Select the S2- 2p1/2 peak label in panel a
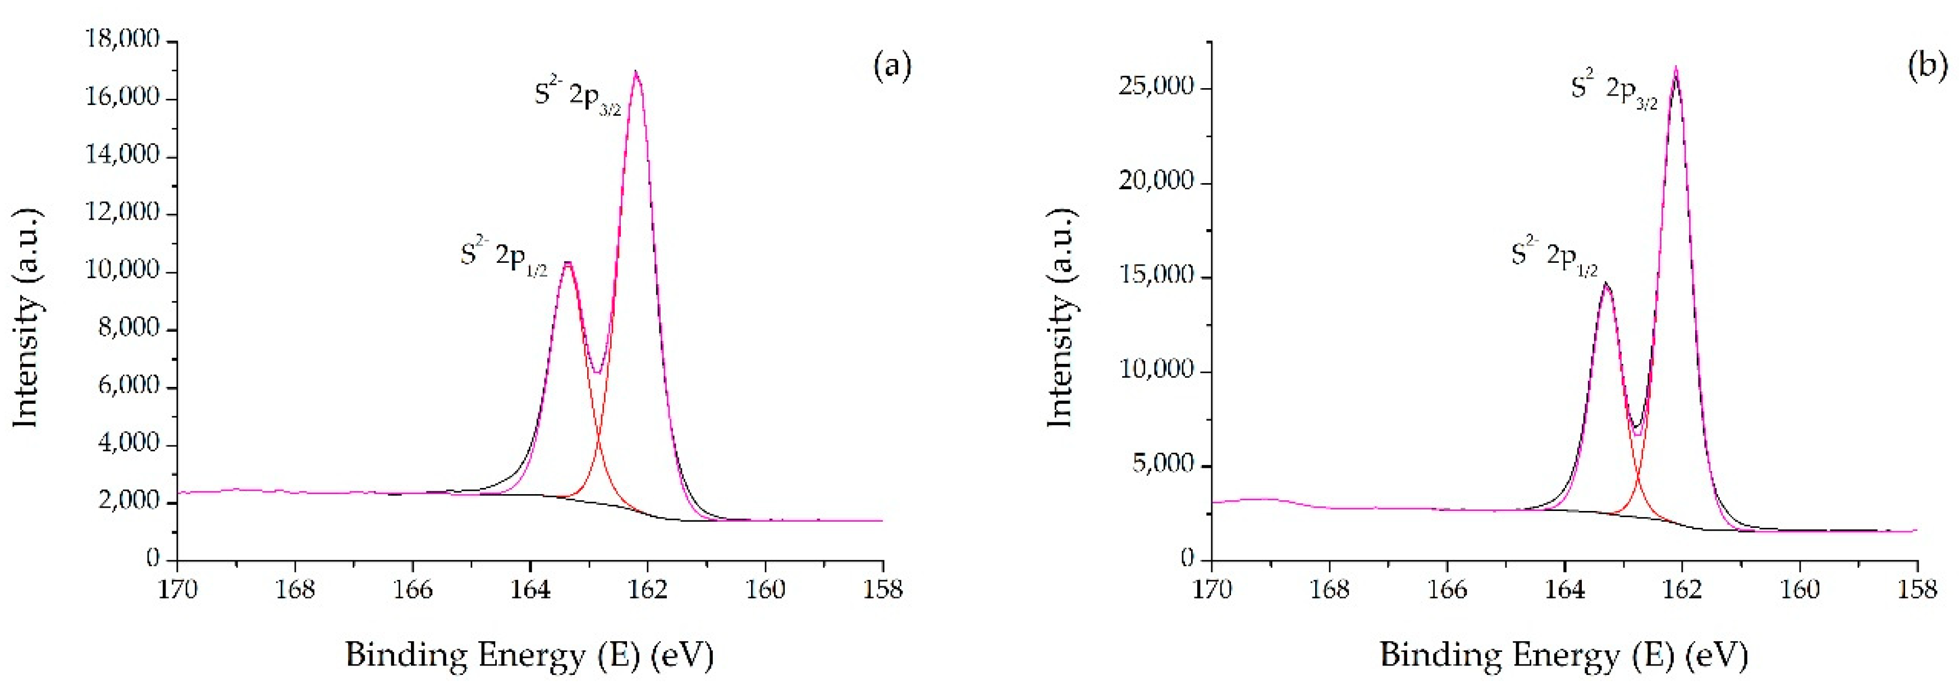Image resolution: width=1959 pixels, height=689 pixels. click(x=504, y=256)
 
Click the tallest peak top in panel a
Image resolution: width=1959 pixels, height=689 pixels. click(x=636, y=72)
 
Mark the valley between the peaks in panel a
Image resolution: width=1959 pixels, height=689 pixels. click(x=598, y=373)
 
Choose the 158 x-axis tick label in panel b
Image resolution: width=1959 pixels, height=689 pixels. click(x=1916, y=590)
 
